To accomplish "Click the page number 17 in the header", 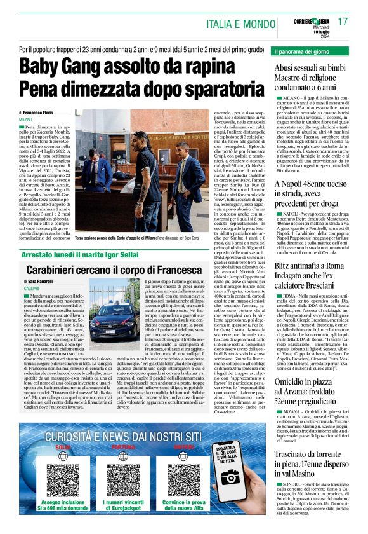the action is click(343, 22).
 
